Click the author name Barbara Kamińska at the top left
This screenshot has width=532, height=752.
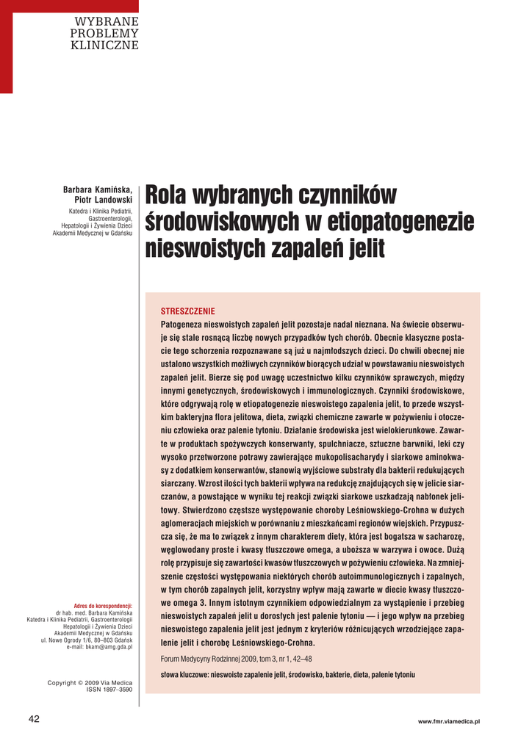[x=98, y=190]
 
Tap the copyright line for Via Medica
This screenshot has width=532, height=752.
[x=90, y=683]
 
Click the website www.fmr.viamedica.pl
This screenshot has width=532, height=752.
[x=448, y=723]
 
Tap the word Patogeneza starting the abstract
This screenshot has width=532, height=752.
[x=181, y=324]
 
